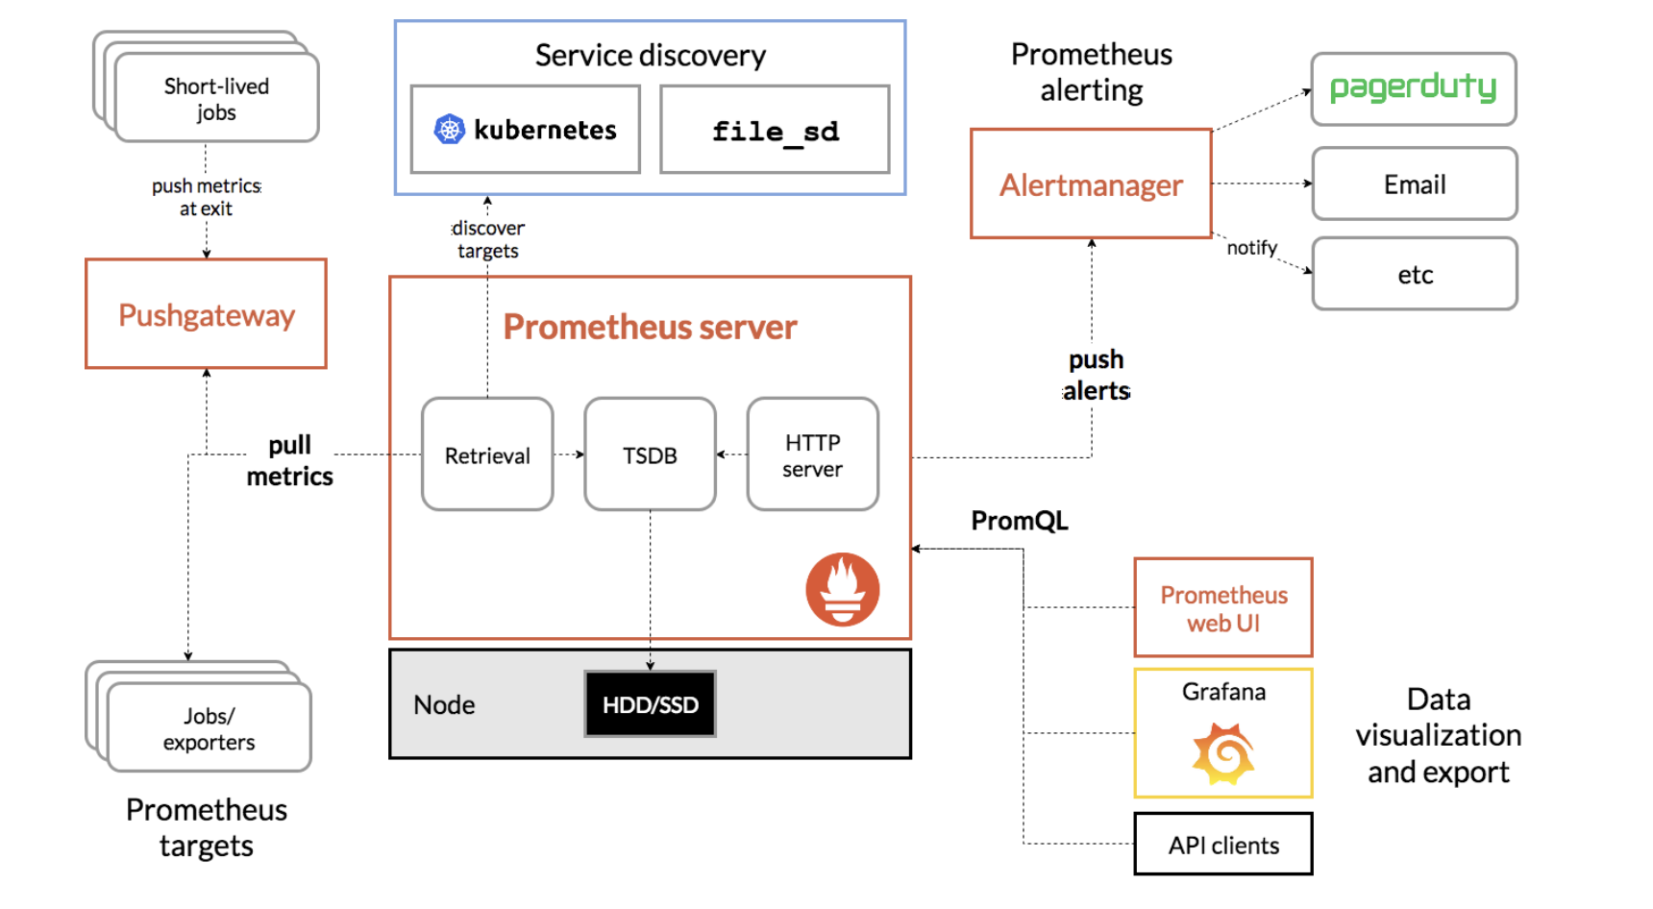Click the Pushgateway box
[206, 314]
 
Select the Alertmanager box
[1091, 184]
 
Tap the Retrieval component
[487, 454]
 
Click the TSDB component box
[650, 454]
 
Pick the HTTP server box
[812, 454]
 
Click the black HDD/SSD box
[650, 704]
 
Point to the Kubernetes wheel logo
[449, 129]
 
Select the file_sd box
[775, 131]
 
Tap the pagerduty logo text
[1413, 88]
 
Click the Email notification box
[1414, 184]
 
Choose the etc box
[1414, 275]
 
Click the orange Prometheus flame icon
[842, 589]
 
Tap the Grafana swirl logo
[1222, 754]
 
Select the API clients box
[1222, 845]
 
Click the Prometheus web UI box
[1222, 608]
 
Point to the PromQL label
[1019, 521]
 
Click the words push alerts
[1096, 375]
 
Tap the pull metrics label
[289, 460]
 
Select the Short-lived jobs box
[216, 99]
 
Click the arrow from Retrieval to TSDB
[569, 454]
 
